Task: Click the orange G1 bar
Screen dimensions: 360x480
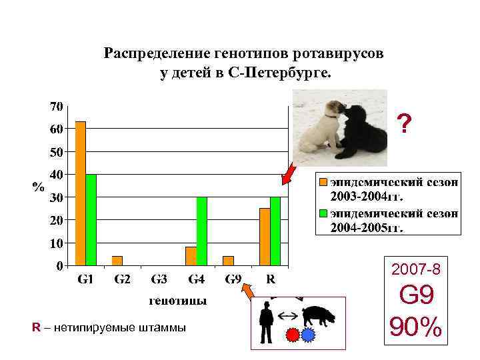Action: click(81, 193)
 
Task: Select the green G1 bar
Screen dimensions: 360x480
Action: click(91, 220)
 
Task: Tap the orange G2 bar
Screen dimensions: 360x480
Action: click(117, 261)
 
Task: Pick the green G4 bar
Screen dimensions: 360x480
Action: click(202, 231)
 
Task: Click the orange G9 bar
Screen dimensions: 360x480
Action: click(229, 261)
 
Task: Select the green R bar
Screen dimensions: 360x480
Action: click(275, 231)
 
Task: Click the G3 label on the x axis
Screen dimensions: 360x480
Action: click(159, 279)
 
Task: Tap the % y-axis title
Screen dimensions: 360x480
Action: click(39, 187)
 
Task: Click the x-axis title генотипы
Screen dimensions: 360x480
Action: click(177, 301)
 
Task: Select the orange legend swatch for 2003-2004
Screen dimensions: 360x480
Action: click(321, 181)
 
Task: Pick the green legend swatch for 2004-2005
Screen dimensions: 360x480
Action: click(321, 213)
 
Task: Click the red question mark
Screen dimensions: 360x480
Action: click(404, 123)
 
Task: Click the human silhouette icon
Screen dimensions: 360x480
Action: click(267, 321)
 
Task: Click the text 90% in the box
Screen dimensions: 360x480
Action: click(416, 327)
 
